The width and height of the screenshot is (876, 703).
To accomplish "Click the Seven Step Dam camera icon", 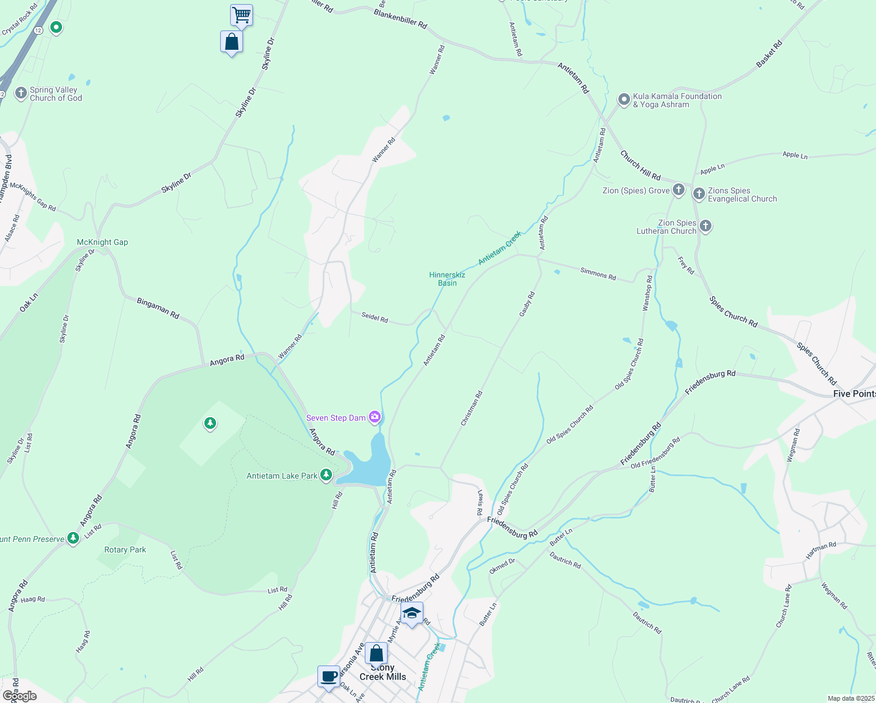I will tap(375, 417).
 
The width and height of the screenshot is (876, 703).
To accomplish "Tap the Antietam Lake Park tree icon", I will tap(326, 475).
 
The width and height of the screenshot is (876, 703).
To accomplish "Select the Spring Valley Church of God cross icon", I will tap(21, 93).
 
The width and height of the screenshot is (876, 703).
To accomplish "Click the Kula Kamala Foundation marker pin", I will tap(624, 99).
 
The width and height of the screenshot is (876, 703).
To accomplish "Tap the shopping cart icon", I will tap(241, 15).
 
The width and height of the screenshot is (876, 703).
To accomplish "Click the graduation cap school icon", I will tap(412, 613).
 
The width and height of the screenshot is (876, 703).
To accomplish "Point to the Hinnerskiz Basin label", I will tap(447, 279).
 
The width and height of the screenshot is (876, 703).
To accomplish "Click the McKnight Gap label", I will tap(102, 242).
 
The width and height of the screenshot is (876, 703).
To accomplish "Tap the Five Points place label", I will tap(854, 394).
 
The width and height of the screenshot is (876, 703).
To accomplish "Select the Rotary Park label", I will tap(125, 550).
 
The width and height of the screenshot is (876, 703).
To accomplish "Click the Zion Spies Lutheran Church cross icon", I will tap(706, 226).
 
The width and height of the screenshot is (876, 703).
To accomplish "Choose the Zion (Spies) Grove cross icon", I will tap(679, 189).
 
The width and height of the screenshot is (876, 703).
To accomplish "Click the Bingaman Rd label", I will tap(158, 308).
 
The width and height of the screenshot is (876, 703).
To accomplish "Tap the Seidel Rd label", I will tap(375, 318).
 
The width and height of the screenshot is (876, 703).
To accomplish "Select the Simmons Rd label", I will tap(598, 274).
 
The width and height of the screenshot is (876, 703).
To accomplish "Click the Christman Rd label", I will tap(471, 408).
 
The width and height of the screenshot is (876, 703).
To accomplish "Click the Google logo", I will tap(20, 696).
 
